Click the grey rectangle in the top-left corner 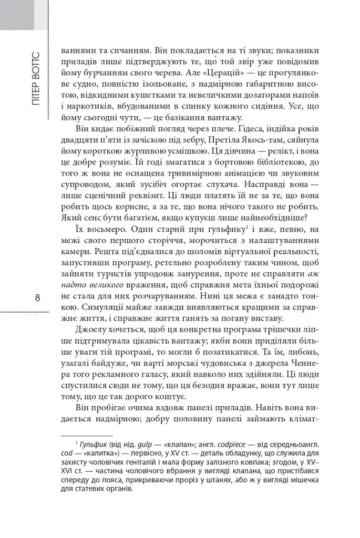click(x=23, y=15)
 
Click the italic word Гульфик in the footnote click(x=92, y=444)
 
